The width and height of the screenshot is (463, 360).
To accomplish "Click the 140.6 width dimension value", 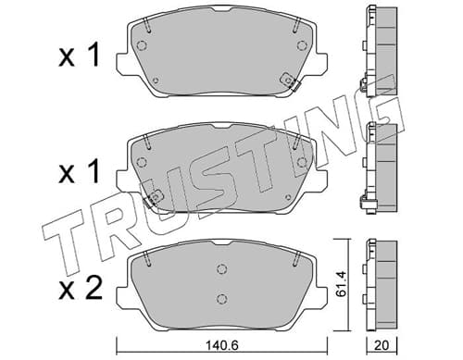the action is pos(221,345).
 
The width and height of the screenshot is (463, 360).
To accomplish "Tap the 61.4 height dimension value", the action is pos(341,284).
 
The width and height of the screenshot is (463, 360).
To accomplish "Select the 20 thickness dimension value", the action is pos(382,345).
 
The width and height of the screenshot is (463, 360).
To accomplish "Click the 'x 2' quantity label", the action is pos(80,289).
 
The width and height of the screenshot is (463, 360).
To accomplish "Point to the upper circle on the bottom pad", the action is pos(221,269).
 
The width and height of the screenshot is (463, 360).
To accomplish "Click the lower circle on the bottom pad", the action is pos(221,299).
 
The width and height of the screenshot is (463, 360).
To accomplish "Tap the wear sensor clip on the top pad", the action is pos(290,81).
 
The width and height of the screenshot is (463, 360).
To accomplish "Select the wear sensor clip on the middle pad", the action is pos(153,198).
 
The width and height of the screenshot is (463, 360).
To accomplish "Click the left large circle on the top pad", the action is pos(142,45).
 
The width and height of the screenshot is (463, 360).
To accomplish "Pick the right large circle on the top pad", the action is pos(302,45).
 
